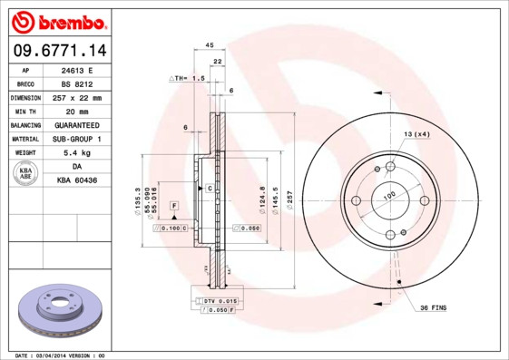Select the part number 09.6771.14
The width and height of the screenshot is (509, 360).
[x=57, y=51]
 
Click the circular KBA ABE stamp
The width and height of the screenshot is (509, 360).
[x=26, y=173]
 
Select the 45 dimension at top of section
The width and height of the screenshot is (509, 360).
[x=210, y=44]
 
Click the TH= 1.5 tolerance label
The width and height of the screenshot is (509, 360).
[x=189, y=79]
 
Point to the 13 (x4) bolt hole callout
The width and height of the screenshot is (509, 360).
[x=416, y=134]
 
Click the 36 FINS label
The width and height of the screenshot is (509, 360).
[x=432, y=308]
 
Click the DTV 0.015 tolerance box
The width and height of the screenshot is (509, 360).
[x=220, y=299]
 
